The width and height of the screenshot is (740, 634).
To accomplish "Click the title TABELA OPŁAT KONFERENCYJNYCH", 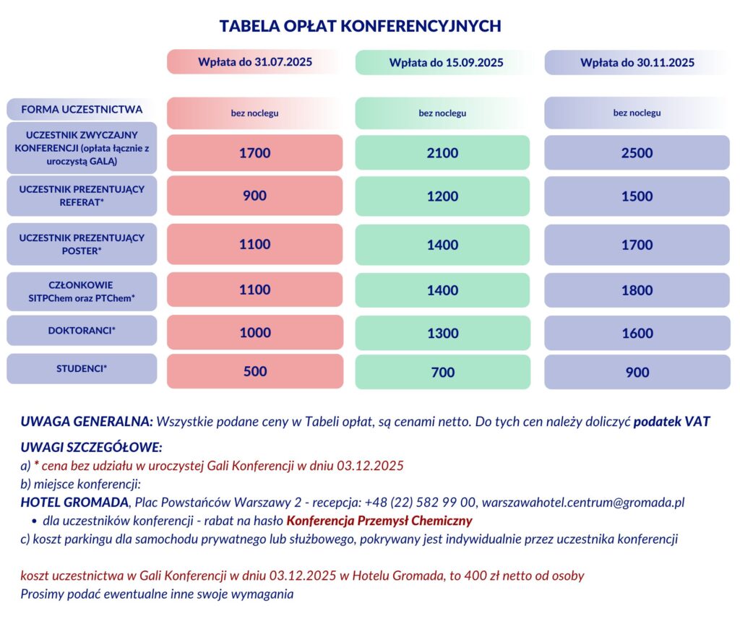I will [x=360, y=26].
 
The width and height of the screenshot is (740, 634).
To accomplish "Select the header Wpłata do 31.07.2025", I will [x=254, y=62].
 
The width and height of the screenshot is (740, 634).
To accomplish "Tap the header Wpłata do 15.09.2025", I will [x=442, y=63].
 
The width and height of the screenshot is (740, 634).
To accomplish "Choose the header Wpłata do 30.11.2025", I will [x=637, y=63].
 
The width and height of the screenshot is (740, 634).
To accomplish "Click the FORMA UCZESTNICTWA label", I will [x=82, y=110].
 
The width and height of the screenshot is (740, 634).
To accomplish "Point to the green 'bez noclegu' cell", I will [x=442, y=113].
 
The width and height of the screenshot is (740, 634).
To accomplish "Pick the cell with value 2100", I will [x=442, y=153].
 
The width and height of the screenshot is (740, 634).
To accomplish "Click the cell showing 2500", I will [x=637, y=153].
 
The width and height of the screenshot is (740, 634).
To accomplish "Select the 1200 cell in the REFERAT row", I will [x=442, y=196].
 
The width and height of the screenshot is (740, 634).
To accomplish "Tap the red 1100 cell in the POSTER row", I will [x=254, y=245].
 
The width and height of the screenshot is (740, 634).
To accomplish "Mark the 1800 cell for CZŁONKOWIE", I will [x=637, y=290].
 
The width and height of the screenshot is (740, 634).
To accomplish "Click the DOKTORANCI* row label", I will [x=82, y=330].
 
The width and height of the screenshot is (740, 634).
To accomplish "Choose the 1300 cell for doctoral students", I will [x=442, y=333].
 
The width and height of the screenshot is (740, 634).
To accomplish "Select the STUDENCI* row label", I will [x=82, y=369].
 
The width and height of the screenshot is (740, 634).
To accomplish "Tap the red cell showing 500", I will [x=254, y=372].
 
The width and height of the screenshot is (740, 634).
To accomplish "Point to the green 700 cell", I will [x=442, y=373].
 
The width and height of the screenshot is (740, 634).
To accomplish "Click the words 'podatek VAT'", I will [x=671, y=421].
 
